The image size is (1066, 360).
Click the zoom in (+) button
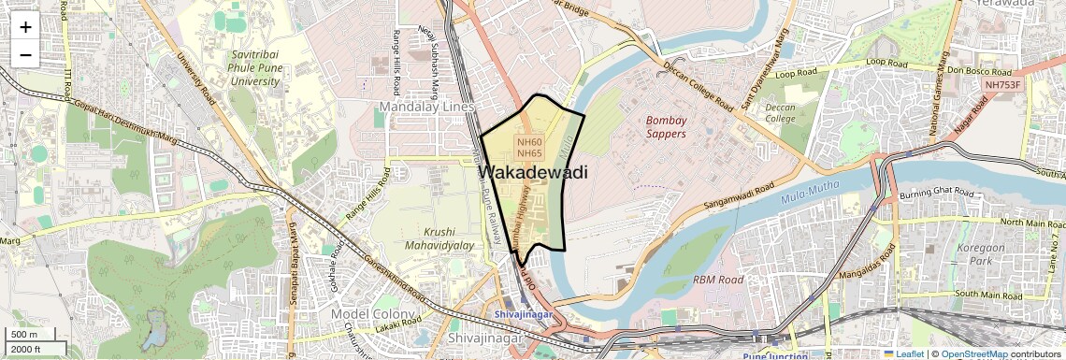[25, 26]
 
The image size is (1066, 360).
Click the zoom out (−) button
[25, 54]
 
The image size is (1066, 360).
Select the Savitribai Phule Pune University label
[255, 68]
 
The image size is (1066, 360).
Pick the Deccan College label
[780, 113]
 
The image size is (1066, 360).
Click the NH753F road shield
[1002, 84]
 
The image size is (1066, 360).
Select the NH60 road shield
[529, 141]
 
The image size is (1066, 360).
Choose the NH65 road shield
[529, 153]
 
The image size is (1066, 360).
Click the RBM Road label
[718, 280]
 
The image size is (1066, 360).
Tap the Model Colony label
[373, 313]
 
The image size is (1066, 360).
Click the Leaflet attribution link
[902, 353]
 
